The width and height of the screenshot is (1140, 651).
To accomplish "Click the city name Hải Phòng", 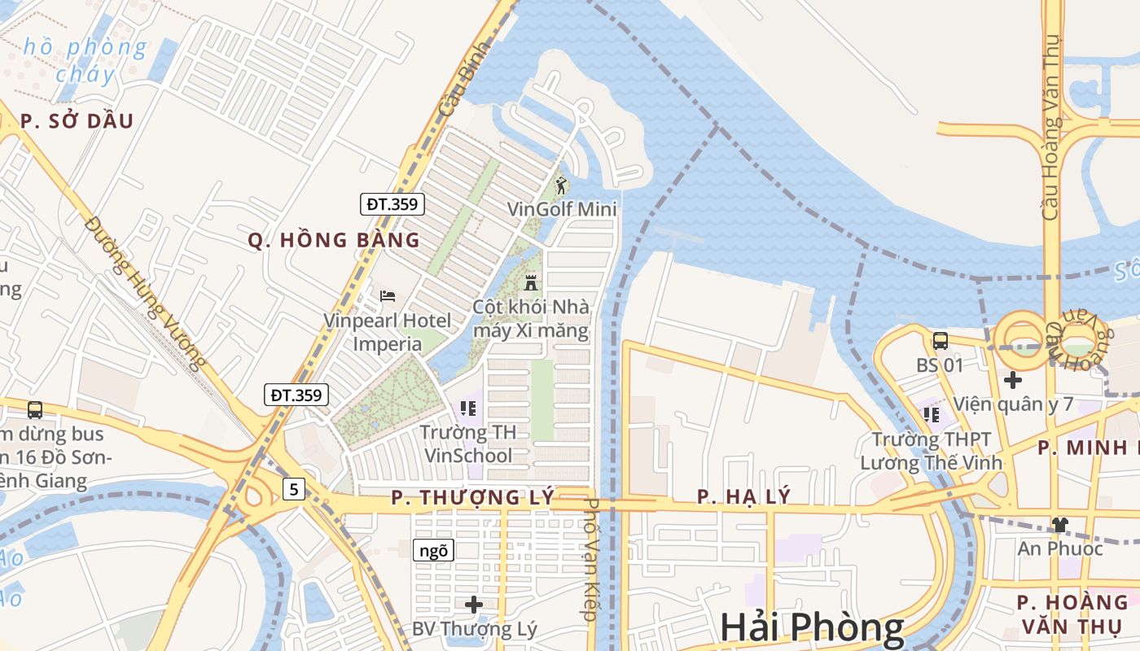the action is tap(812, 627).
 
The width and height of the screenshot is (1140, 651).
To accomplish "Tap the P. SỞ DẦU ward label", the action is tap(77, 121).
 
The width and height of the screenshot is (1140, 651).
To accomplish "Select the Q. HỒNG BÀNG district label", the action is tap(334, 240).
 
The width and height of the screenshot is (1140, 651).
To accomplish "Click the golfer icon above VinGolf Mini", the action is tap(561, 186).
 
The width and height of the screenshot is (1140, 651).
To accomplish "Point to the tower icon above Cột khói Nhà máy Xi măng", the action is tap(531, 282).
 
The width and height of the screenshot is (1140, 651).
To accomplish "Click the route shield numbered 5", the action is tap(294, 489).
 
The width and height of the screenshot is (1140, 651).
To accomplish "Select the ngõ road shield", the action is tap(433, 551).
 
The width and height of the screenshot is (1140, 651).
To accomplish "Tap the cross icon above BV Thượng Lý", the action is tap(474, 604).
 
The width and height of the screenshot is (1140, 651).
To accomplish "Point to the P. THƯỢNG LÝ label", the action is tap(472, 497).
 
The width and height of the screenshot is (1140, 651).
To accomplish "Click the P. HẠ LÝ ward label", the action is tap(743, 496).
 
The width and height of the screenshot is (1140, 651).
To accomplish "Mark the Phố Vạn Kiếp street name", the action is tap(592, 560).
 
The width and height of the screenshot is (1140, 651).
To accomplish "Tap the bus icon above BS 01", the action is tap(940, 340).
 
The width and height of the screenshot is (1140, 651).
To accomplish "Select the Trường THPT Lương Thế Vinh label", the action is tap(932, 451).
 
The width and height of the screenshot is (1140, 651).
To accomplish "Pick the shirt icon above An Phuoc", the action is tap(1059, 524).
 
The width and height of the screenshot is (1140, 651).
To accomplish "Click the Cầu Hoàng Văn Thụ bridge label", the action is tap(1051, 126).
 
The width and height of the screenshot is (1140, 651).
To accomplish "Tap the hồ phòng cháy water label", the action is tap(85, 60).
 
